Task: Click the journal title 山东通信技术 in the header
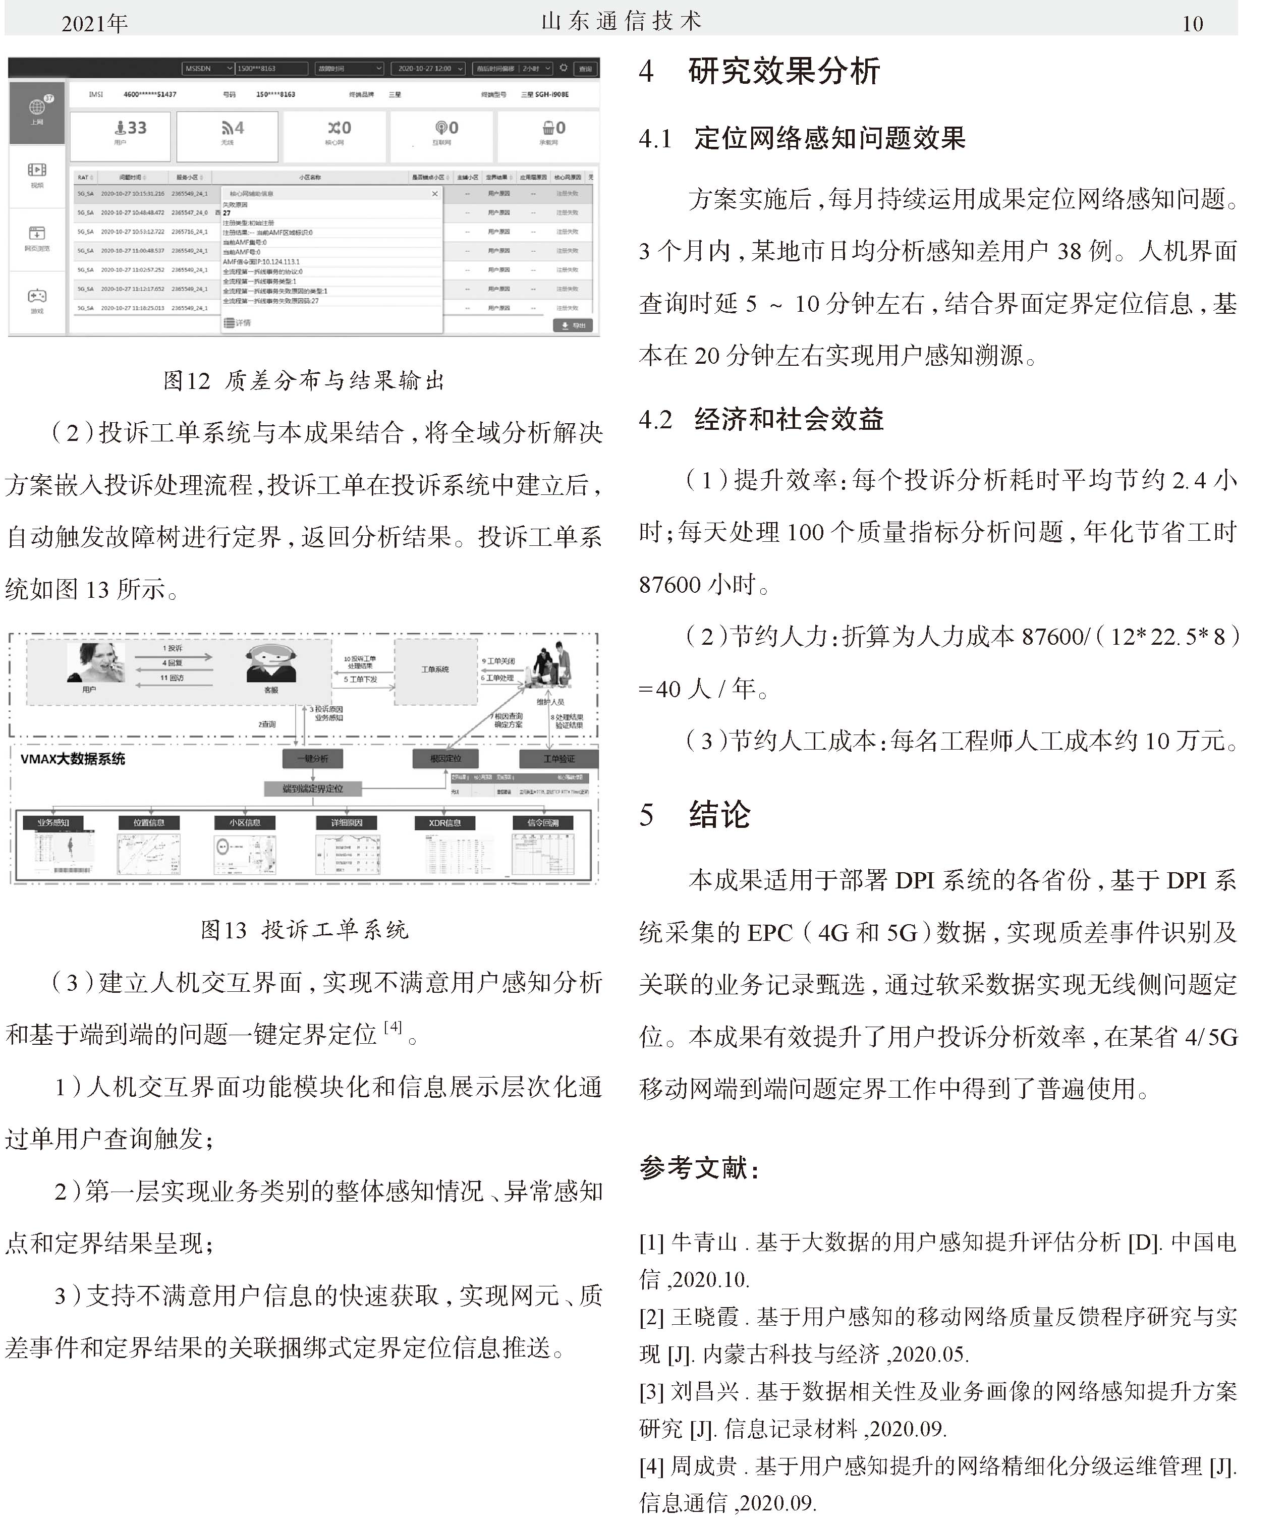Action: coord(622,21)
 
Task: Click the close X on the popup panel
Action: coord(435,193)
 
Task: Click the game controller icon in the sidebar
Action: coord(36,296)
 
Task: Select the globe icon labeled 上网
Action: coord(36,108)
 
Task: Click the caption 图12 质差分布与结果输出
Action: coord(304,380)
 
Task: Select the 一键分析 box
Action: coord(312,758)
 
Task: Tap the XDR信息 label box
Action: coord(444,822)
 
